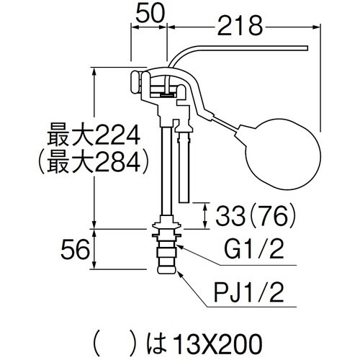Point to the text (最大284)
point(94,161)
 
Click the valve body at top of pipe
point(162,90)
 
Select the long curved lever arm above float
point(245,50)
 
